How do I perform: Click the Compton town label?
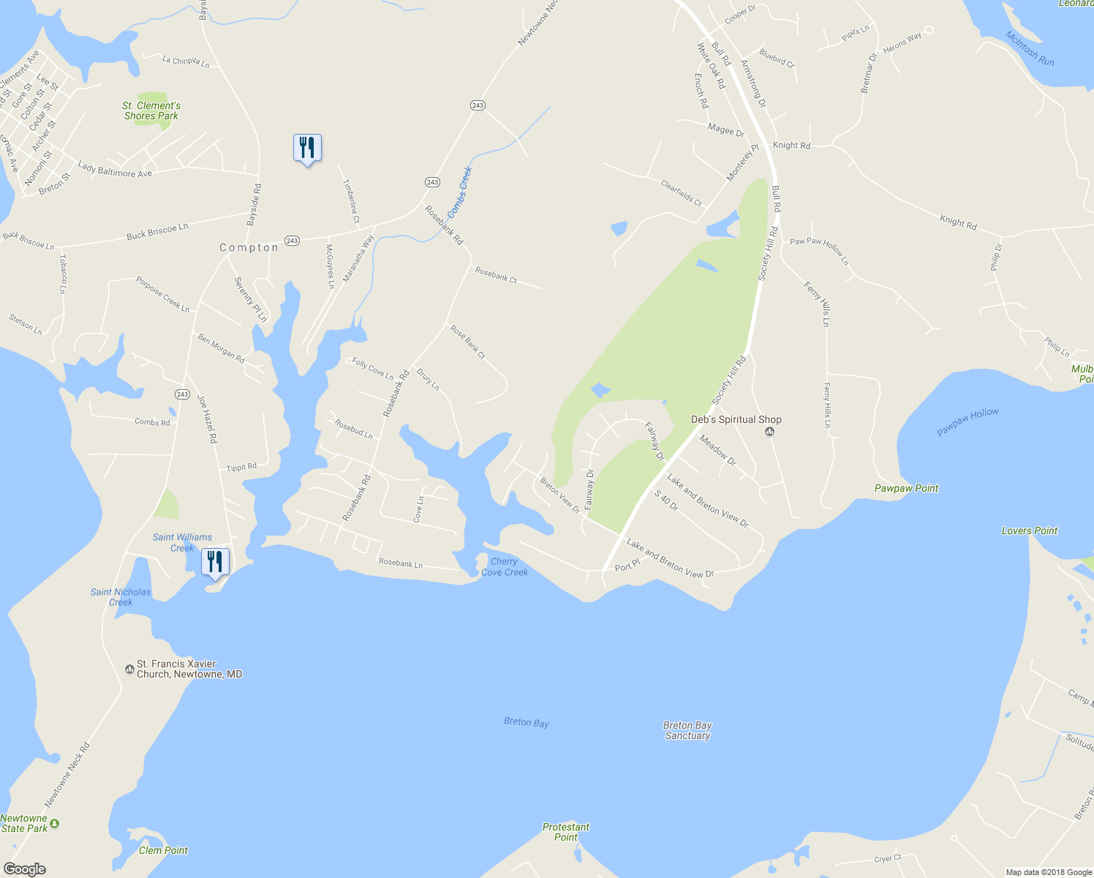249,248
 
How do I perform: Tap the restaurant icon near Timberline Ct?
307,149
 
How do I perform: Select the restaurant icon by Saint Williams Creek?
214,562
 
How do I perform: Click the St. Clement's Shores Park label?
151,110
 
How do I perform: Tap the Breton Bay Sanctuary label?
687,730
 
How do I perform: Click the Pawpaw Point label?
906,488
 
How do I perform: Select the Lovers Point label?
1029,530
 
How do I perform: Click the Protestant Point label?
565,832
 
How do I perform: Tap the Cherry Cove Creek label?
504,567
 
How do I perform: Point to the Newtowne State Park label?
24,823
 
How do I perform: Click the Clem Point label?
163,850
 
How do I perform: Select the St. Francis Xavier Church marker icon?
129,669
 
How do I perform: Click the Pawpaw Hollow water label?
967,423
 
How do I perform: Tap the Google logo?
24,869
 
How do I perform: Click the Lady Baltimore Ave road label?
115,170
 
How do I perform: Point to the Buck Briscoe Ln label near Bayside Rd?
157,231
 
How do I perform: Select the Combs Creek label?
460,192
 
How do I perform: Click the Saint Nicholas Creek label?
121,597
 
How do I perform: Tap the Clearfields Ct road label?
681,193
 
